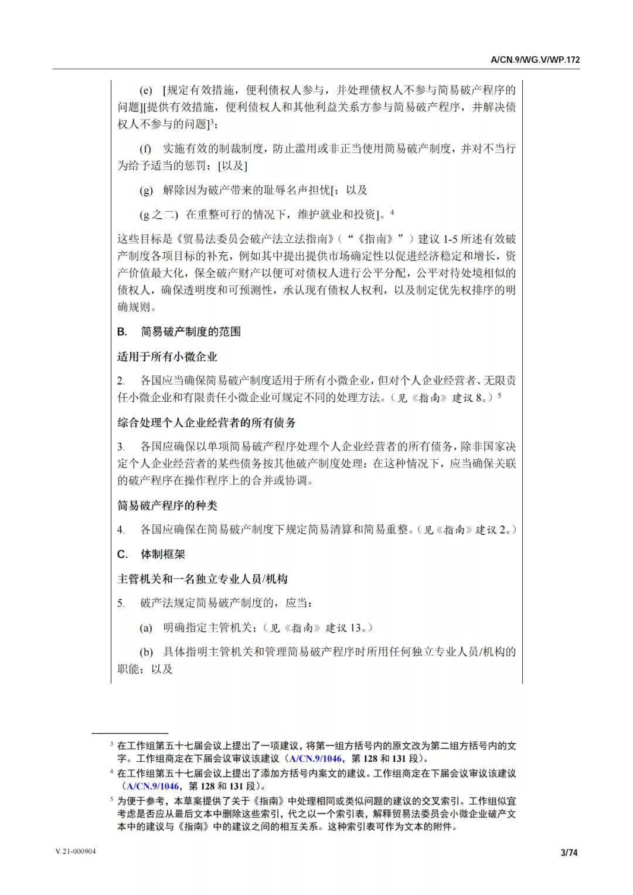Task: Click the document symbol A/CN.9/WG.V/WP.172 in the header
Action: tap(535, 60)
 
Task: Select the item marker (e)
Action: tap(145, 90)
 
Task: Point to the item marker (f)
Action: tap(145, 148)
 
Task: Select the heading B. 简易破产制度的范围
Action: tap(179, 331)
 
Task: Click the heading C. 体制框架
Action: tap(151, 554)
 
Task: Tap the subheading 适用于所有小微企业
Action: tap(167, 356)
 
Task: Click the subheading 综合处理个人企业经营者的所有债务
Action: tap(206, 422)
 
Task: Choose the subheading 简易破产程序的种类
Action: tap(167, 505)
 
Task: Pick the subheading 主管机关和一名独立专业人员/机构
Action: tap(202, 579)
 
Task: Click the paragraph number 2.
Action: tap(120, 381)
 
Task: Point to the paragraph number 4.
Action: tap(120, 530)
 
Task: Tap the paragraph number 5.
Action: tap(120, 604)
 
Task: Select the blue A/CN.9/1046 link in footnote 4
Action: tap(154, 786)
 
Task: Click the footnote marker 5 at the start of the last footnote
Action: tap(111, 798)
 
